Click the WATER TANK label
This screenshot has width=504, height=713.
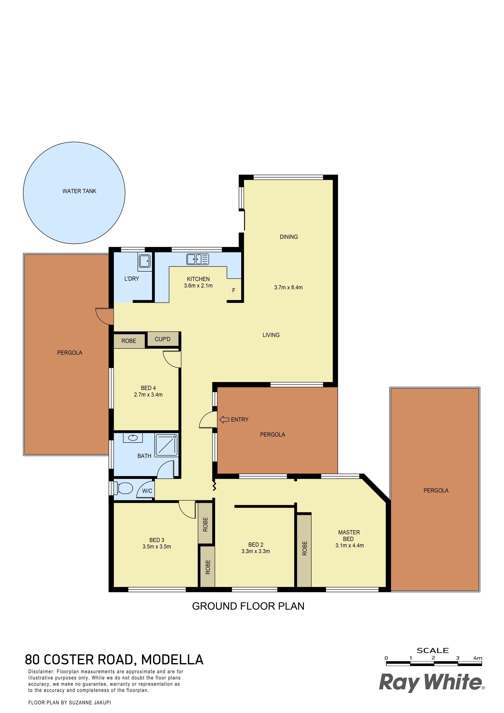coord(79,191)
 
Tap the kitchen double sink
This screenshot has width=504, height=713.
coord(198,259)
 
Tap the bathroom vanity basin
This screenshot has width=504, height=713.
coord(133,438)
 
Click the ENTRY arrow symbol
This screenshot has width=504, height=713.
coord(224,420)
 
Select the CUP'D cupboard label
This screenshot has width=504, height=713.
coord(163,339)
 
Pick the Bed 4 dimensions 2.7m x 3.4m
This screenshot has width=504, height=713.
coord(148,395)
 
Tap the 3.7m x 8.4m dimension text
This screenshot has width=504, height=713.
coord(288,288)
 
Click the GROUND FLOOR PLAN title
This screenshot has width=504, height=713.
coord(248,606)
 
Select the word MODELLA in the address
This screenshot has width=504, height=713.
coord(172,660)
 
